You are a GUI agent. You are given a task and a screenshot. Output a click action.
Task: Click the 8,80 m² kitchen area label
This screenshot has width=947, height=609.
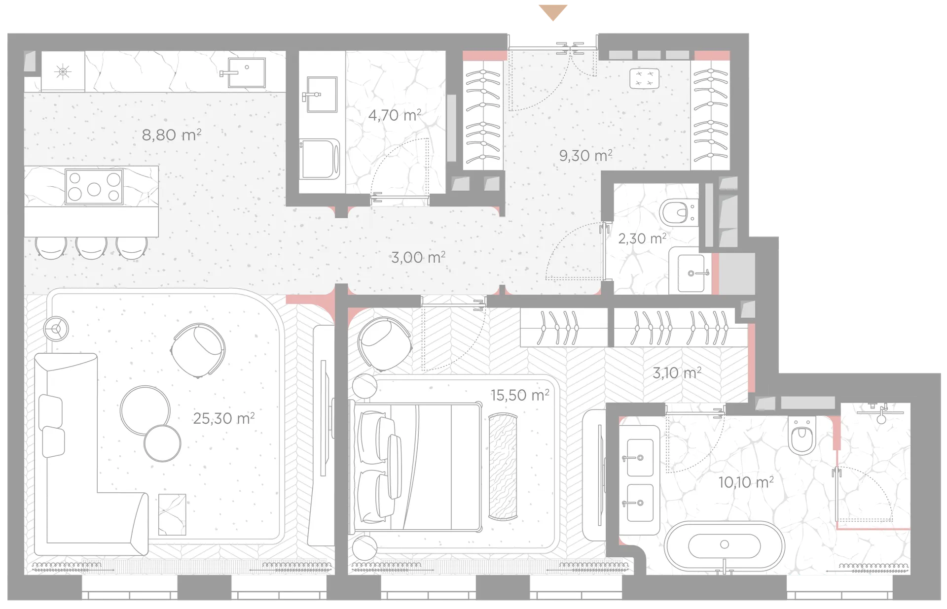pyautogui.click(x=172, y=135)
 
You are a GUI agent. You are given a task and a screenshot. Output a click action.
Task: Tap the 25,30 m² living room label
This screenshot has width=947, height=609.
pyautogui.click(x=223, y=418)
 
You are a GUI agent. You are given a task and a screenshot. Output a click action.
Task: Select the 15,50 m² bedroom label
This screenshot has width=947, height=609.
pyautogui.click(x=520, y=395)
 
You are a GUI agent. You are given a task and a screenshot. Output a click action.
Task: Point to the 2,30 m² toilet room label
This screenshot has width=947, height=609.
pyautogui.click(x=642, y=238)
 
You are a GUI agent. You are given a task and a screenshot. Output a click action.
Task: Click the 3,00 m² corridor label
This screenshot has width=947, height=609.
pyautogui.click(x=418, y=257)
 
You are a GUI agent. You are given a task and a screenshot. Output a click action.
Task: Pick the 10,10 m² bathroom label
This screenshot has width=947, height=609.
pyautogui.click(x=746, y=482)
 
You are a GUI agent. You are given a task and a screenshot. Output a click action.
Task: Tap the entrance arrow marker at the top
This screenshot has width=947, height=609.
pyautogui.click(x=553, y=12)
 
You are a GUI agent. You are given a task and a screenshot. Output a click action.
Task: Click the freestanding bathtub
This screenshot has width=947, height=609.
pyautogui.click(x=724, y=545)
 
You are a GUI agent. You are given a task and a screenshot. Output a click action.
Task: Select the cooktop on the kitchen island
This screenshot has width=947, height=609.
pyautogui.click(x=94, y=187)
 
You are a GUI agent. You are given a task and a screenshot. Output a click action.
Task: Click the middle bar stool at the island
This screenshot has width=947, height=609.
pyautogui.click(x=91, y=247)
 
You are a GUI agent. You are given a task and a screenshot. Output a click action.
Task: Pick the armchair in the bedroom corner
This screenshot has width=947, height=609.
pyautogui.click(x=385, y=344)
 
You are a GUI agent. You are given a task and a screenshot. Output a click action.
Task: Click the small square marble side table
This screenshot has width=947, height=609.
pyautogui.click(x=172, y=514)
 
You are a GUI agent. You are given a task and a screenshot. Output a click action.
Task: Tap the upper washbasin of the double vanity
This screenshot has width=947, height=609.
pyautogui.click(x=640, y=458)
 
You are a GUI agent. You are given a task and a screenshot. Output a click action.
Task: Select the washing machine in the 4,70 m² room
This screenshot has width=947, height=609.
pyautogui.click(x=321, y=159)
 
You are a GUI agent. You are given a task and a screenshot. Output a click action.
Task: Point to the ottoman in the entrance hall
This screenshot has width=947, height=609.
pyautogui.click(x=644, y=79)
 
